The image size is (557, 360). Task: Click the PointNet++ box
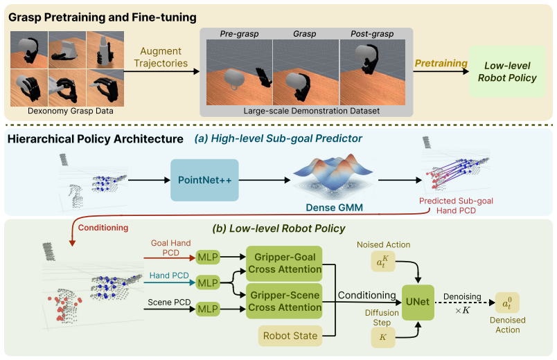pos(204,180)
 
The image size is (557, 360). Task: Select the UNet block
pos(418,302)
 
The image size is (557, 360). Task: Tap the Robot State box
pos(290,336)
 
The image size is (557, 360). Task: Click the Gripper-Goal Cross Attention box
pos(284,264)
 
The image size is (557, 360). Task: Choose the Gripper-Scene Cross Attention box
pos(284,301)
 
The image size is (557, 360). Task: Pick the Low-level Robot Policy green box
pos(507,72)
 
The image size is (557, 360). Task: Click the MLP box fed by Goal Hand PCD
pos(208,257)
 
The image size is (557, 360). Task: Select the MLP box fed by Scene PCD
pos(208,309)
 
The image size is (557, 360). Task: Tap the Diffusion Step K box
pos(383,337)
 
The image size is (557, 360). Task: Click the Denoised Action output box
pos(507,303)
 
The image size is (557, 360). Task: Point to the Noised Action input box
pos(383,262)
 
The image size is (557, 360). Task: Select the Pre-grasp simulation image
pos(239,72)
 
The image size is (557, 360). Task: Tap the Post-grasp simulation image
pos(373,72)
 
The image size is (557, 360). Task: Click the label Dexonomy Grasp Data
pos(71,111)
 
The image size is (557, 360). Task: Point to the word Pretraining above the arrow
pos(441,63)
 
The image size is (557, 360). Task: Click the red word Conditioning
pos(103,228)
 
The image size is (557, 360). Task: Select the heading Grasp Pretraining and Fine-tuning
pos(103,17)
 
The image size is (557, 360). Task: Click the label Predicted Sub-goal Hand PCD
pos(456,206)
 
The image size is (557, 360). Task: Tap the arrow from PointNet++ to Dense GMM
pos(265,181)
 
